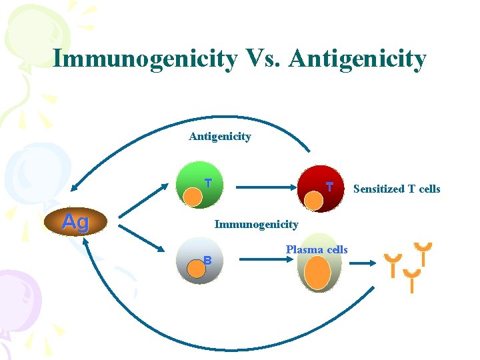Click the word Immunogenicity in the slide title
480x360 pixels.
pos(144,59)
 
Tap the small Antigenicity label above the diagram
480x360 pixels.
pos(220,137)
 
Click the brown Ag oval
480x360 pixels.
pos(75,222)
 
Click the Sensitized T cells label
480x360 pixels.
pos(397,189)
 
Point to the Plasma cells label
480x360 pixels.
pos(317,249)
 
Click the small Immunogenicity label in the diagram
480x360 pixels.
pos(256,225)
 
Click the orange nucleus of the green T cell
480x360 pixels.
pos(193,197)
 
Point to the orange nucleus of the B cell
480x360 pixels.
pos(196,268)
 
